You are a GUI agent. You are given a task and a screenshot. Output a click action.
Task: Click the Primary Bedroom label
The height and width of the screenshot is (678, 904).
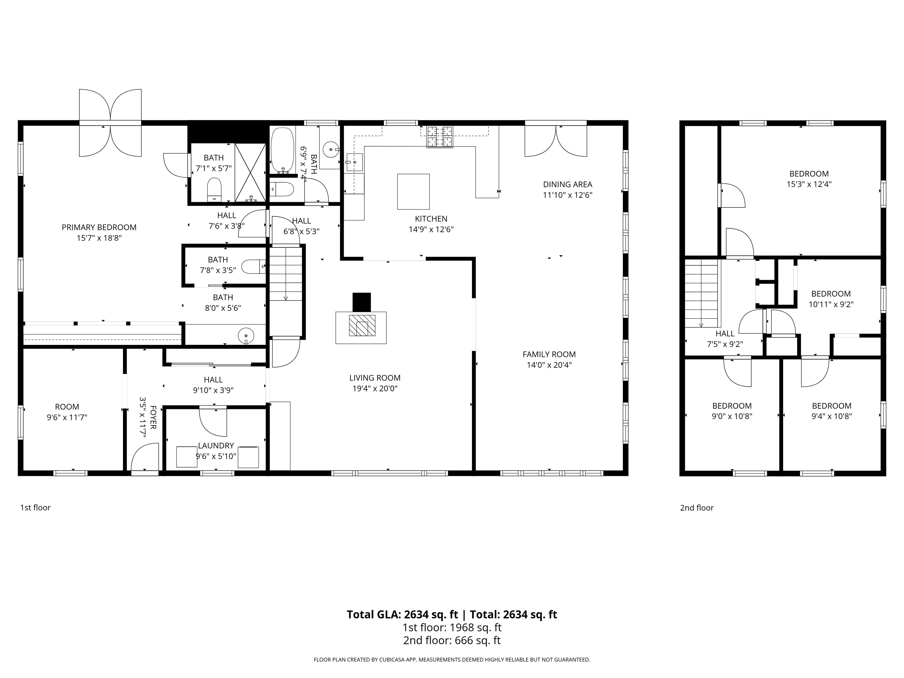point(99,227)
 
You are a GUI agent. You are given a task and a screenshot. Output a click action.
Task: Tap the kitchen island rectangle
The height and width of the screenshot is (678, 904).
point(413,192)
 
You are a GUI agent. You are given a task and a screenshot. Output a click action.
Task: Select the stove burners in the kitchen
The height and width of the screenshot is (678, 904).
point(440,137)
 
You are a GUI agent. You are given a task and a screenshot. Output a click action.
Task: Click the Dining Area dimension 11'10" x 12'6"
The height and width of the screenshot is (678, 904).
point(567,195)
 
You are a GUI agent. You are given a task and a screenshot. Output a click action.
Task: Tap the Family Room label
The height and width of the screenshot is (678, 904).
point(549,354)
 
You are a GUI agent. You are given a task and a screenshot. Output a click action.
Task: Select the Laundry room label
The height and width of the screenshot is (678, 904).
point(216,446)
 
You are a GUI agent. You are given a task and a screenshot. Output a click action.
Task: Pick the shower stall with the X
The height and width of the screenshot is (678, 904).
point(250,172)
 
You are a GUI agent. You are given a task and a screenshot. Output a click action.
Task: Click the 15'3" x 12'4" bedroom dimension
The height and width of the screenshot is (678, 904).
point(809,184)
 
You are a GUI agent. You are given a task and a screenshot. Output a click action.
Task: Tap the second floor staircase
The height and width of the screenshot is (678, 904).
point(701,293)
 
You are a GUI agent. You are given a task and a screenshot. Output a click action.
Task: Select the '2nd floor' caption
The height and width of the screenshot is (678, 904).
point(696,508)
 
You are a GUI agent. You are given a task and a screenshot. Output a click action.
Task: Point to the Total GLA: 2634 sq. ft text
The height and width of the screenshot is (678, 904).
point(403,614)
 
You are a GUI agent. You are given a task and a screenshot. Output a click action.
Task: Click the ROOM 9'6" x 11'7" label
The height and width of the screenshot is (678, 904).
point(67,412)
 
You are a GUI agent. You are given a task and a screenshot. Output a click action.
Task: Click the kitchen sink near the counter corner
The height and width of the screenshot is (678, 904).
point(354,162)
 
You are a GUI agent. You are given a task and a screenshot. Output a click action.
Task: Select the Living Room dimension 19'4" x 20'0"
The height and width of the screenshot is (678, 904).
point(375,388)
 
